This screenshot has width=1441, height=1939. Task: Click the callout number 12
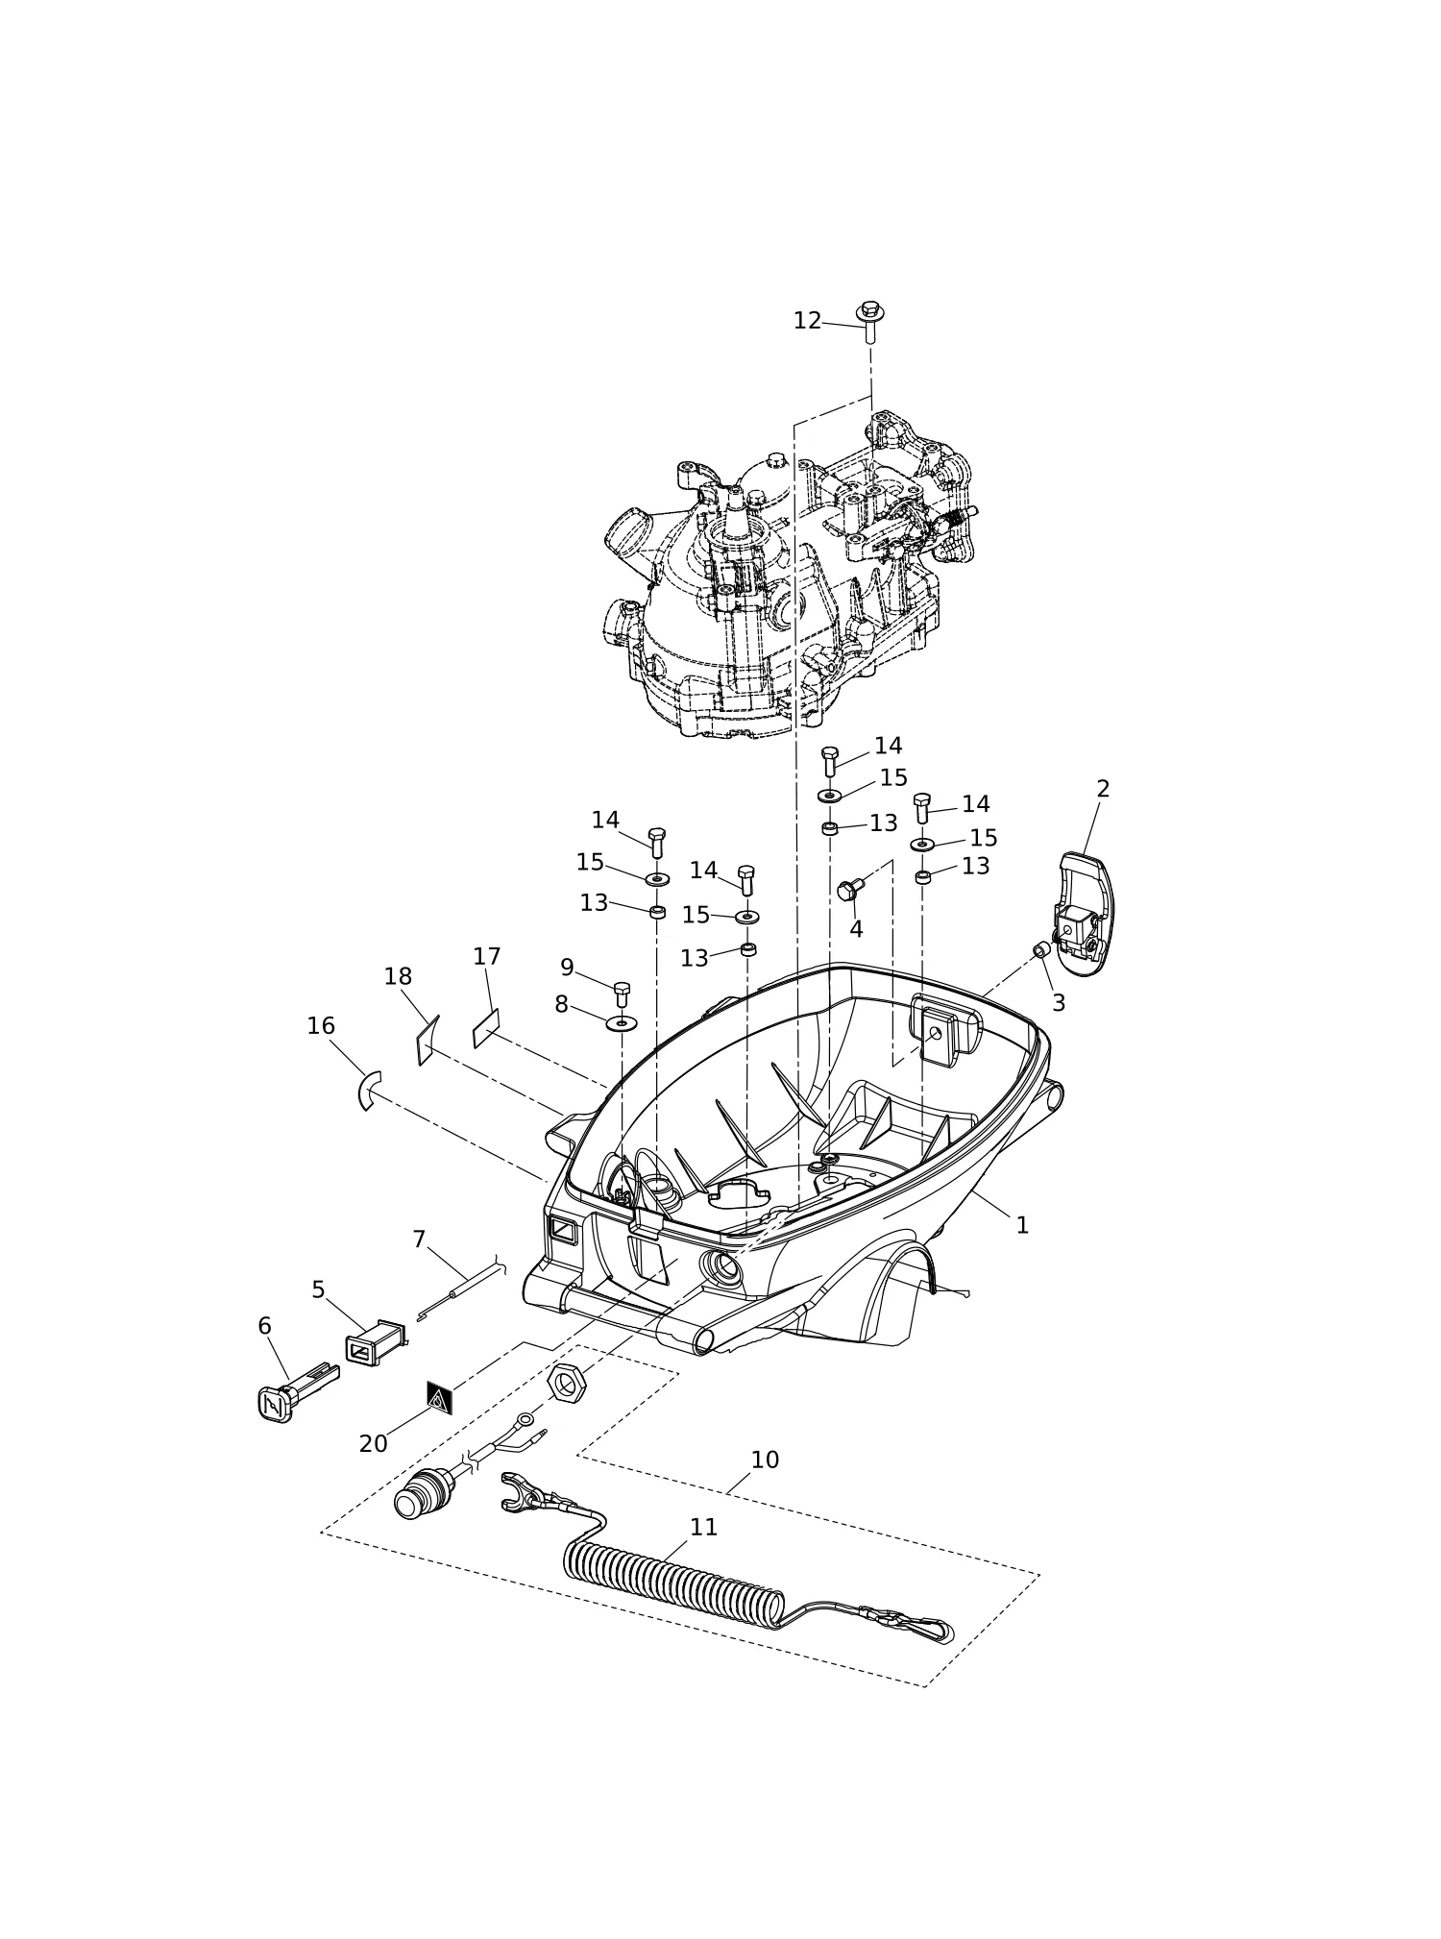(x=807, y=321)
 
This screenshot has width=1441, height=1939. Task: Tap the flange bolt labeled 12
(x=870, y=321)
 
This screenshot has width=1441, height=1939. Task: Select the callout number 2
(x=1103, y=789)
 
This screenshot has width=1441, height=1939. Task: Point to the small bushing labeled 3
(x=1041, y=950)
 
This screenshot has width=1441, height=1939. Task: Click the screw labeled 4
(x=849, y=890)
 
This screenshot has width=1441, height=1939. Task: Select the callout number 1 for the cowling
(x=1022, y=1225)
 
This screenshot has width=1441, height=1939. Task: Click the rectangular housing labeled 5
(x=375, y=1342)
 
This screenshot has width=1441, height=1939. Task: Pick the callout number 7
(x=419, y=1239)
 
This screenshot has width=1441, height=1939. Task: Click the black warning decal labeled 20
(x=439, y=1399)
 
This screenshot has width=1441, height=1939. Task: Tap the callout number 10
(x=765, y=1460)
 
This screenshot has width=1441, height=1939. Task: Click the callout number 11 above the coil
(x=704, y=1527)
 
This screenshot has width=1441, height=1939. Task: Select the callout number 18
(x=398, y=977)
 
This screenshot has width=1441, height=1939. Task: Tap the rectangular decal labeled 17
(x=486, y=1027)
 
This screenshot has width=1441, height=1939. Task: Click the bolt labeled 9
(x=622, y=995)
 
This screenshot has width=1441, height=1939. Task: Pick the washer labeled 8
(x=622, y=1021)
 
